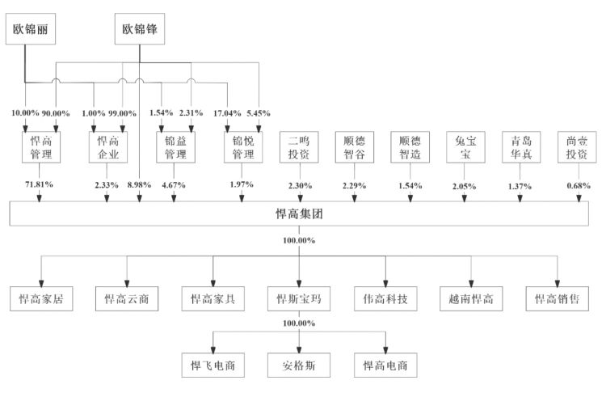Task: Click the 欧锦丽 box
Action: tap(31, 29)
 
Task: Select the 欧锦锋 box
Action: tap(140, 29)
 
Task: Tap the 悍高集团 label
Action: tap(299, 213)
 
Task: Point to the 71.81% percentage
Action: tap(39, 184)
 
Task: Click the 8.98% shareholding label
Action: tap(139, 185)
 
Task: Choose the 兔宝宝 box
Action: tap(465, 147)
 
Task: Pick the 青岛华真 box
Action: tap(521, 147)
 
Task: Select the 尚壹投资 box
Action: tap(577, 147)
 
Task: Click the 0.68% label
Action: tap(579, 186)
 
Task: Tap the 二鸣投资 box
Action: tap(299, 147)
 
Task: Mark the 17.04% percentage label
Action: tap(227, 113)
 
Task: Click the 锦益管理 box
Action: tap(175, 147)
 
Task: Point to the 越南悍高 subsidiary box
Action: tap(471, 298)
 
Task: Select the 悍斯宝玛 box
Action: tap(299, 298)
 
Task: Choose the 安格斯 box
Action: tap(299, 366)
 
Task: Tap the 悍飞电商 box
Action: tap(213, 366)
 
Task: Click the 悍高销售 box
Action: tap(558, 298)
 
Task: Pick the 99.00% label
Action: tap(122, 113)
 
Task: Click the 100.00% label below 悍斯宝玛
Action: tap(299, 323)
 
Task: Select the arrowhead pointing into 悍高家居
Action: tap(41, 284)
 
